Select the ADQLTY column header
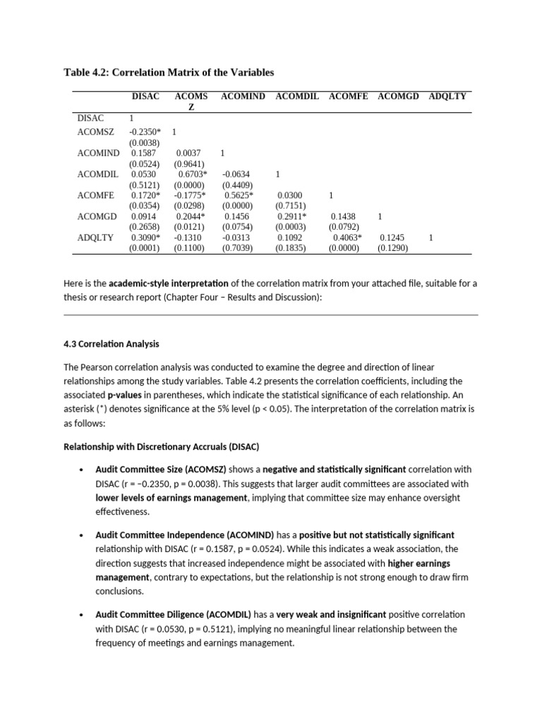click(447, 96)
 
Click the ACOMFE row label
click(96, 195)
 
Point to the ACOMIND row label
click(98, 152)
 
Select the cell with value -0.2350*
click(145, 132)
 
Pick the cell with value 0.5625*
click(239, 195)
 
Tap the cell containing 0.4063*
click(347, 238)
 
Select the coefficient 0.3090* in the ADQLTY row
click(145, 238)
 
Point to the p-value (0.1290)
click(392, 248)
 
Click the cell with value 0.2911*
click(291, 216)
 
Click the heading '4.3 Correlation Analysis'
click(112, 344)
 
